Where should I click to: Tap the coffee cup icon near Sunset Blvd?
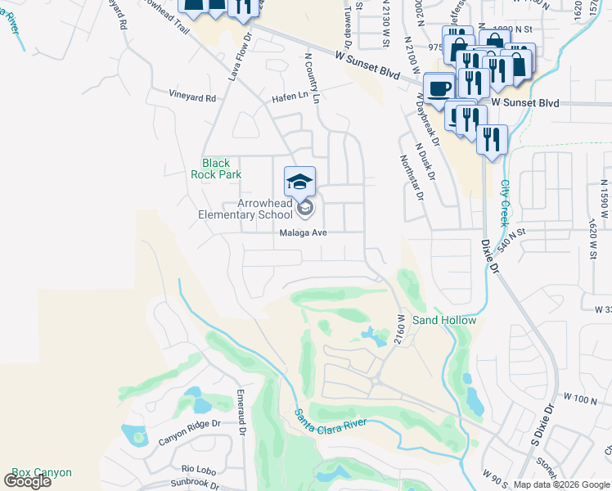[439, 88]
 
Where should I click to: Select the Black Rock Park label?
[216, 169]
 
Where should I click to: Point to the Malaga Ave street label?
[304, 232]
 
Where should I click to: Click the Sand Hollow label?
[443, 320]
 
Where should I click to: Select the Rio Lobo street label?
[198, 469]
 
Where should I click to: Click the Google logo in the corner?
[27, 481]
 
